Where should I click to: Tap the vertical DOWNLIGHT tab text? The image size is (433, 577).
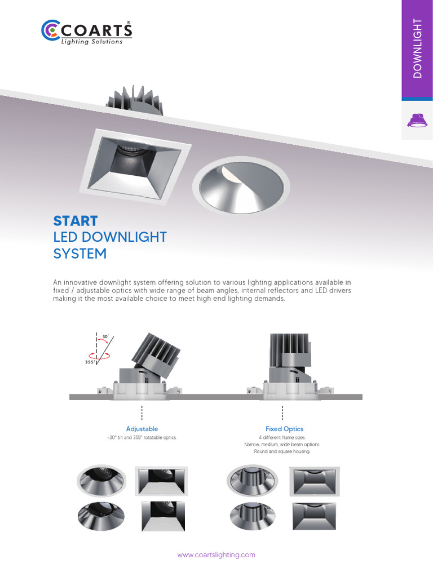point(417,48)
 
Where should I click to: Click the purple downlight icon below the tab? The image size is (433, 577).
point(417,121)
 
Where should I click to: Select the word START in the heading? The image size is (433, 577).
point(76,221)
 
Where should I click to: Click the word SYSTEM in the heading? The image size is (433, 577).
point(79,254)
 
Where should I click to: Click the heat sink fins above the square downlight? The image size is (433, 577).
point(135,100)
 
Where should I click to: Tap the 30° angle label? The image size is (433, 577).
point(105,338)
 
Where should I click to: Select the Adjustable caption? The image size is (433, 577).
point(142,429)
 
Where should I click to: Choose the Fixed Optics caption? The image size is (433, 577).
point(284,429)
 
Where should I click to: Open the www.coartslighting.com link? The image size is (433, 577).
point(216,555)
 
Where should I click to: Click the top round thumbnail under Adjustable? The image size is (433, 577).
point(101,482)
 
